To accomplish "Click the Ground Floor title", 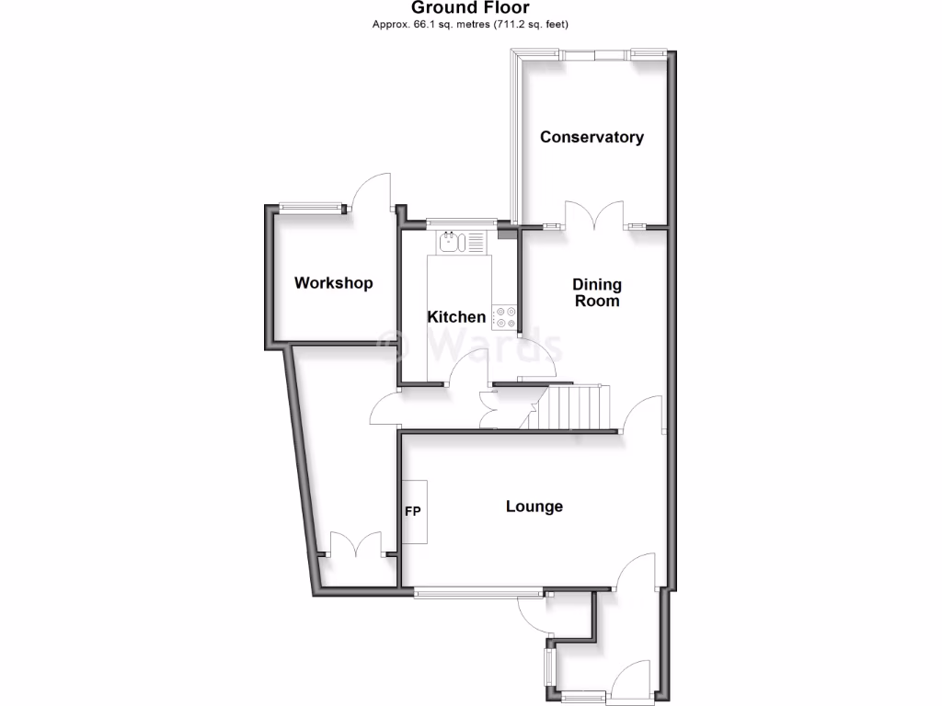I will click(x=470, y=8).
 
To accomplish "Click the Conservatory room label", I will click(x=592, y=137).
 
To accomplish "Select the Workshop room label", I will click(x=333, y=283).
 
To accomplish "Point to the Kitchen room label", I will click(x=456, y=317).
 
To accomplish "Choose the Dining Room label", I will click(x=597, y=292).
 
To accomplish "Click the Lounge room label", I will click(x=534, y=507).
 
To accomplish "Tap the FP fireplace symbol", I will click(x=413, y=511).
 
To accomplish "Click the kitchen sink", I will click(x=451, y=243).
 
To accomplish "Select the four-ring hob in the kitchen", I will click(x=505, y=317).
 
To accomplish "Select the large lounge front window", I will click(x=478, y=594).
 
